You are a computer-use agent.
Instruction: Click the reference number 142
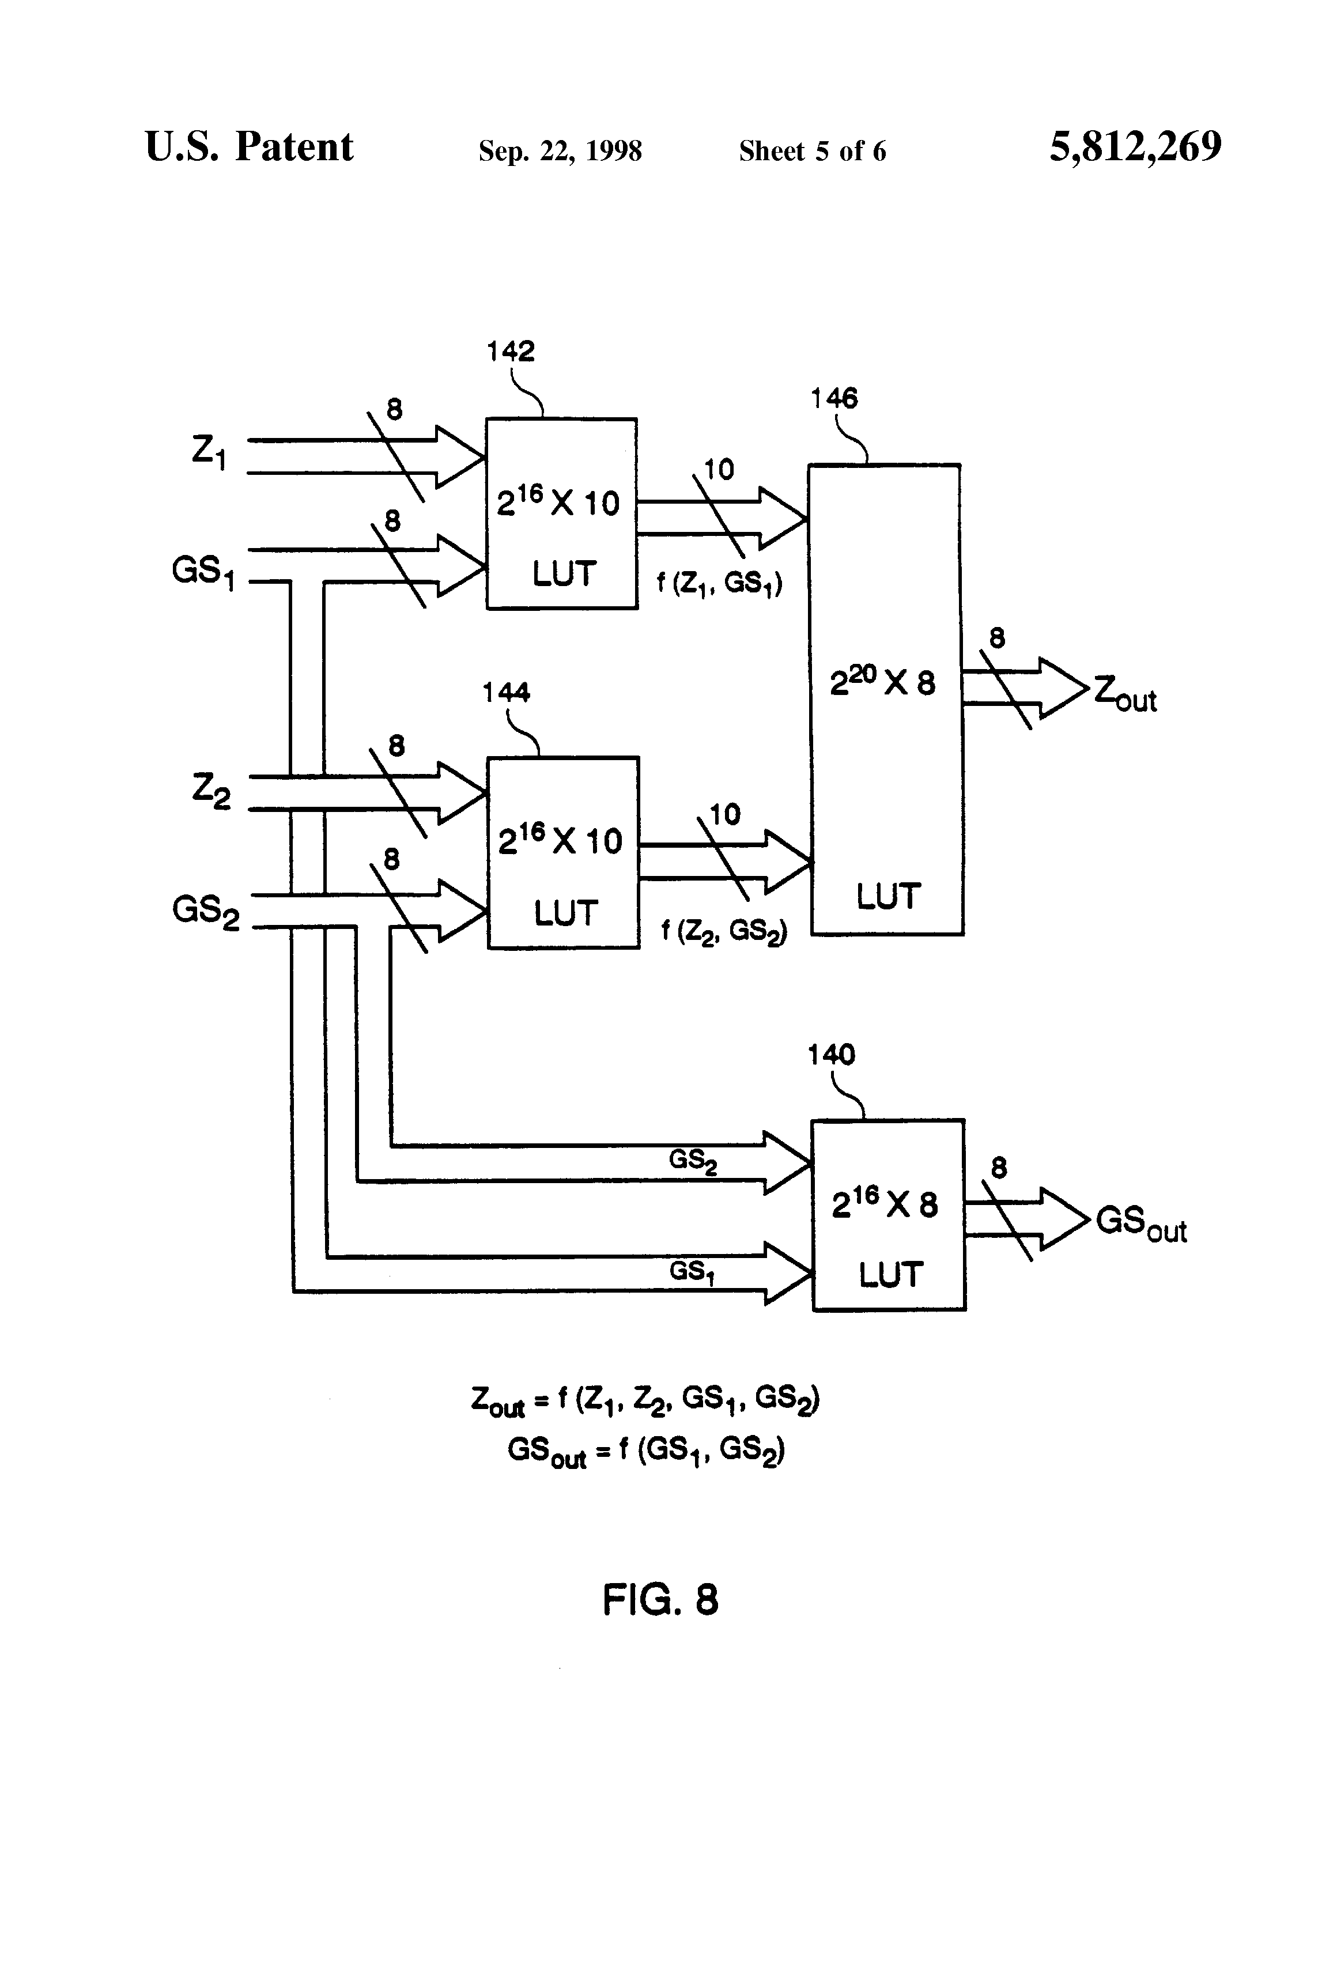(511, 351)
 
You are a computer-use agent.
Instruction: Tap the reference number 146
(834, 398)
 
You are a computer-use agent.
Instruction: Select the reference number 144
(506, 693)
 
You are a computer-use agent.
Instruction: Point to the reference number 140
(831, 1054)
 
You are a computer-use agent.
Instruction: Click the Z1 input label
(209, 453)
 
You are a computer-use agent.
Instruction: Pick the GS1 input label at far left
(203, 572)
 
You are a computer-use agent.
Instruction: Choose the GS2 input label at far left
(205, 912)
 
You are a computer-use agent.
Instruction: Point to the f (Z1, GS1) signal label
(720, 583)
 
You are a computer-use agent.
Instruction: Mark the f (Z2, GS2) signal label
(723, 931)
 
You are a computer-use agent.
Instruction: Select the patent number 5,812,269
(1135, 147)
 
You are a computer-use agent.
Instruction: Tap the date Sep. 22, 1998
(560, 151)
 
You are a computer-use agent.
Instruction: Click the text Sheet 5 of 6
(812, 151)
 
